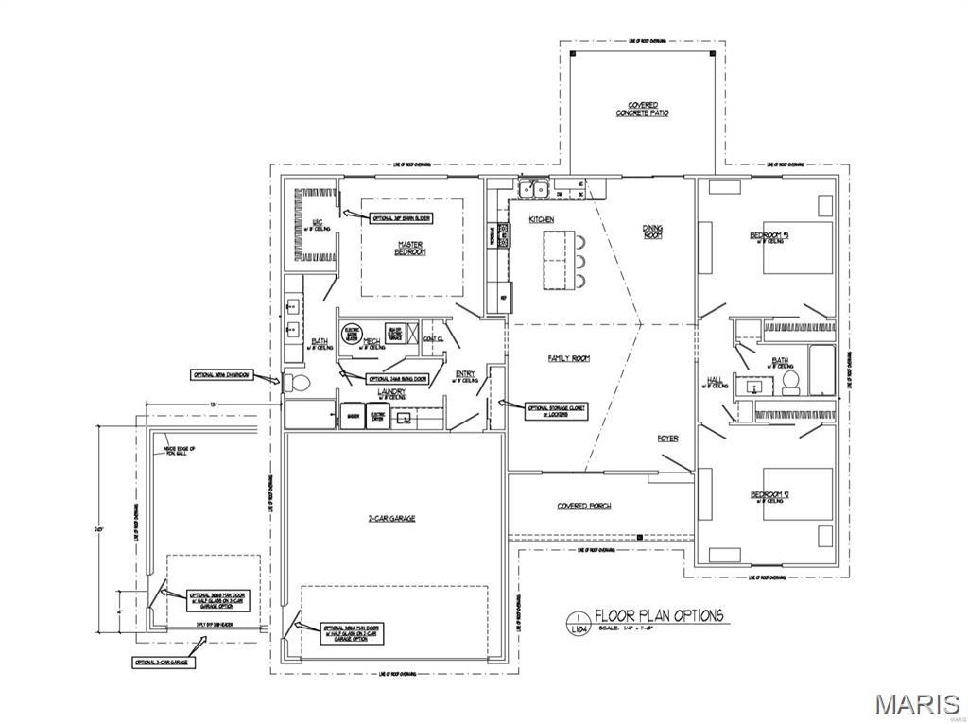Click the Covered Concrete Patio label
click(642, 109)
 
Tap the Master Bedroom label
click(410, 248)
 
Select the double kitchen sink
click(533, 190)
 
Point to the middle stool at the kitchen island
click(579, 261)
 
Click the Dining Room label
click(652, 231)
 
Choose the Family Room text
click(568, 358)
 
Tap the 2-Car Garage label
click(391, 518)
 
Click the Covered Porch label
click(583, 506)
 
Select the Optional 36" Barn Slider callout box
click(401, 217)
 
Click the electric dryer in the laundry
click(376, 416)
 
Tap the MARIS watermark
click(916, 704)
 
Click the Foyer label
click(667, 439)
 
